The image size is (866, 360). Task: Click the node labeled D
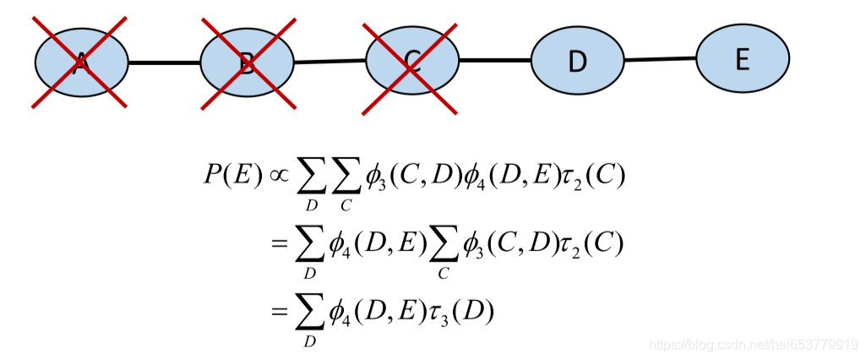[x=577, y=61]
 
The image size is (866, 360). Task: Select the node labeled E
[x=743, y=58]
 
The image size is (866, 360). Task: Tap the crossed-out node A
[x=81, y=62]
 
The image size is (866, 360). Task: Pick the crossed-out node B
[x=247, y=63]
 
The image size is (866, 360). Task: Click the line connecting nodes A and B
[x=164, y=63]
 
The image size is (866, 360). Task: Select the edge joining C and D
[x=494, y=61]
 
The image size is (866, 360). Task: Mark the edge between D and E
[x=660, y=59]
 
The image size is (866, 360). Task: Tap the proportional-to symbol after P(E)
[x=278, y=176]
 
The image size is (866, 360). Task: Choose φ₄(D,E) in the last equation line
[x=374, y=312]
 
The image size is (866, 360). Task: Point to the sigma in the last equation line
[x=309, y=312]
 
